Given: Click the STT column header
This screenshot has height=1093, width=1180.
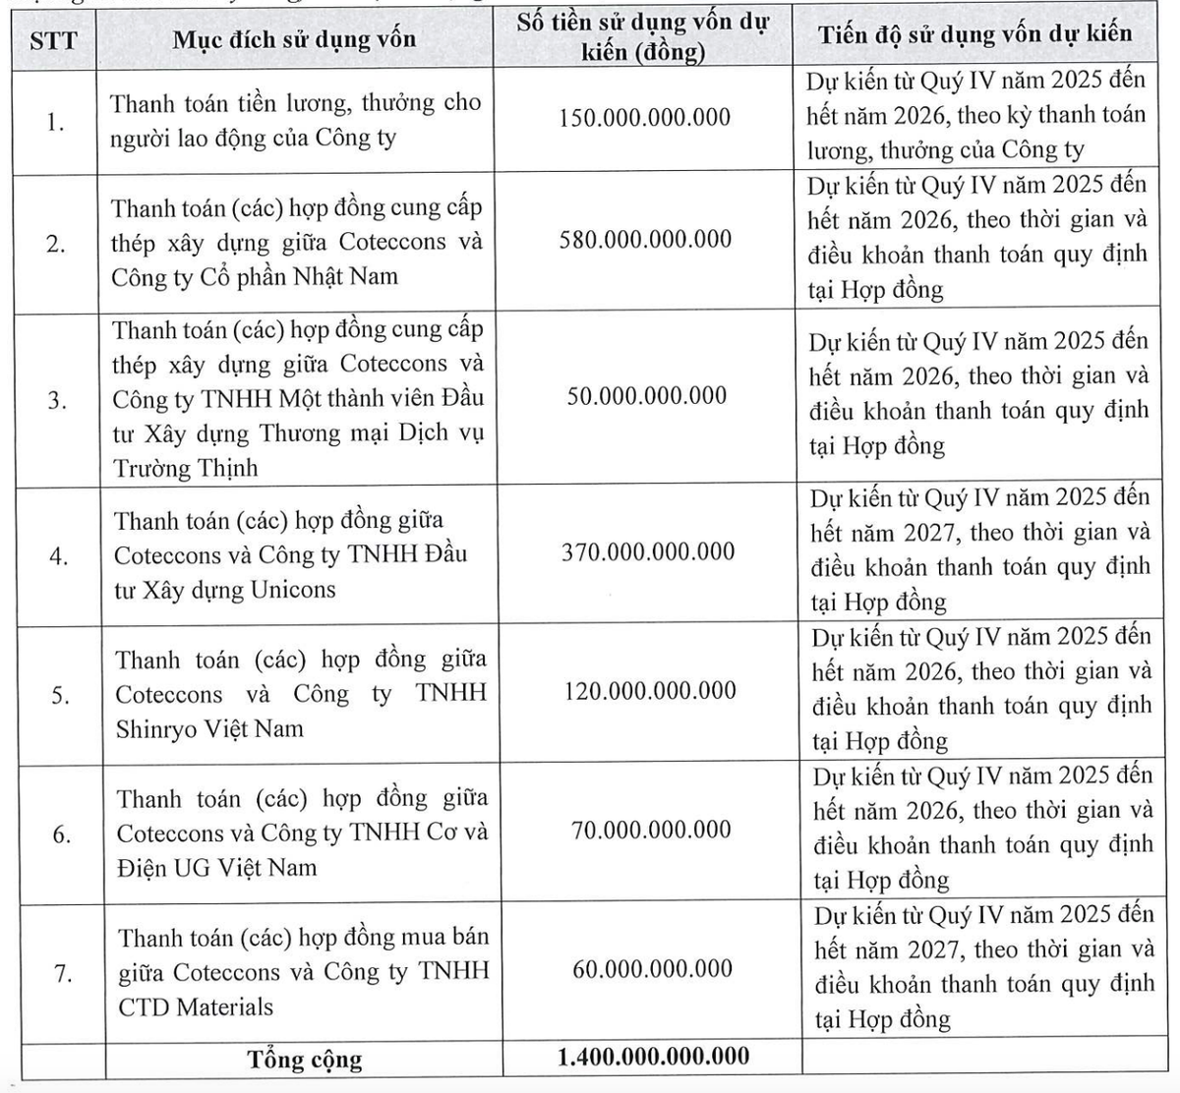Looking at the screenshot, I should coord(53,41).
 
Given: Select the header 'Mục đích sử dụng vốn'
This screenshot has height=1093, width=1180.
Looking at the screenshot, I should coord(294,39).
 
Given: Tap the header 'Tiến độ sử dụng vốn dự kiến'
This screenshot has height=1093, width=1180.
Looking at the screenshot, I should coord(974,33).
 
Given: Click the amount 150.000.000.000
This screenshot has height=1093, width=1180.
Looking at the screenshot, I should coord(644,118).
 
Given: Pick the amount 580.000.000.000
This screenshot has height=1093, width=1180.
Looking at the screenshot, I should coord(645,239).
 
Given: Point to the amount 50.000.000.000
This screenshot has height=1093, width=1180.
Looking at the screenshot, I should coord(646,395).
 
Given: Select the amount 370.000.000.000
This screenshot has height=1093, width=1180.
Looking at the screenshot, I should coord(648,551).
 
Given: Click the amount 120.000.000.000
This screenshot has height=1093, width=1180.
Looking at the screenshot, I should coord(649,690).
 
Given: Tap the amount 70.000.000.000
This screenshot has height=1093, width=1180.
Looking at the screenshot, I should coord(651,830).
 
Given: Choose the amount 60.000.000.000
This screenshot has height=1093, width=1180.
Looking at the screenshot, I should coord(652,968).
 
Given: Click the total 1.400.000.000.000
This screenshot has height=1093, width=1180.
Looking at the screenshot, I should coord(653,1057).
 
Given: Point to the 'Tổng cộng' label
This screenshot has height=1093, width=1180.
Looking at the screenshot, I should coord(305,1060).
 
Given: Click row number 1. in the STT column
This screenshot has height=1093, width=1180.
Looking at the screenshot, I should coord(55,123).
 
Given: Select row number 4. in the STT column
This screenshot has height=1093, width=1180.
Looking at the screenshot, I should coord(59,556).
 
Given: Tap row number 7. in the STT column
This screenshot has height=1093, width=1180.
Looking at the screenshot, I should coord(63,974).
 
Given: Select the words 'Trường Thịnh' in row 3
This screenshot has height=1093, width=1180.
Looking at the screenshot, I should coord(185,468).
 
